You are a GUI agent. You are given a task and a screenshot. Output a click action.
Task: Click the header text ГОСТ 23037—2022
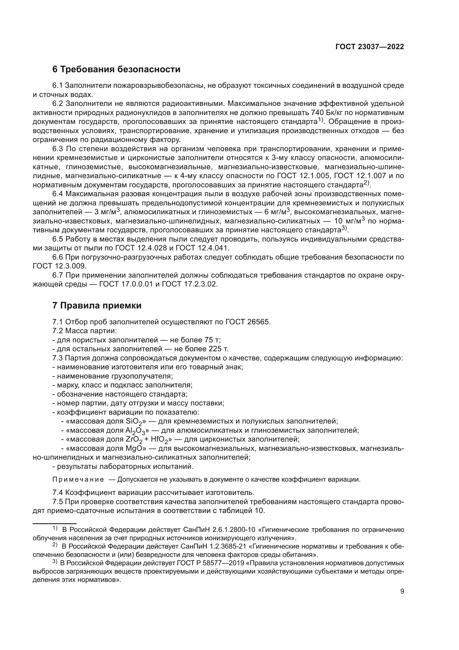(x=369, y=47)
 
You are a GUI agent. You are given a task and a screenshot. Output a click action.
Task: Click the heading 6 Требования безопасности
(x=116, y=69)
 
